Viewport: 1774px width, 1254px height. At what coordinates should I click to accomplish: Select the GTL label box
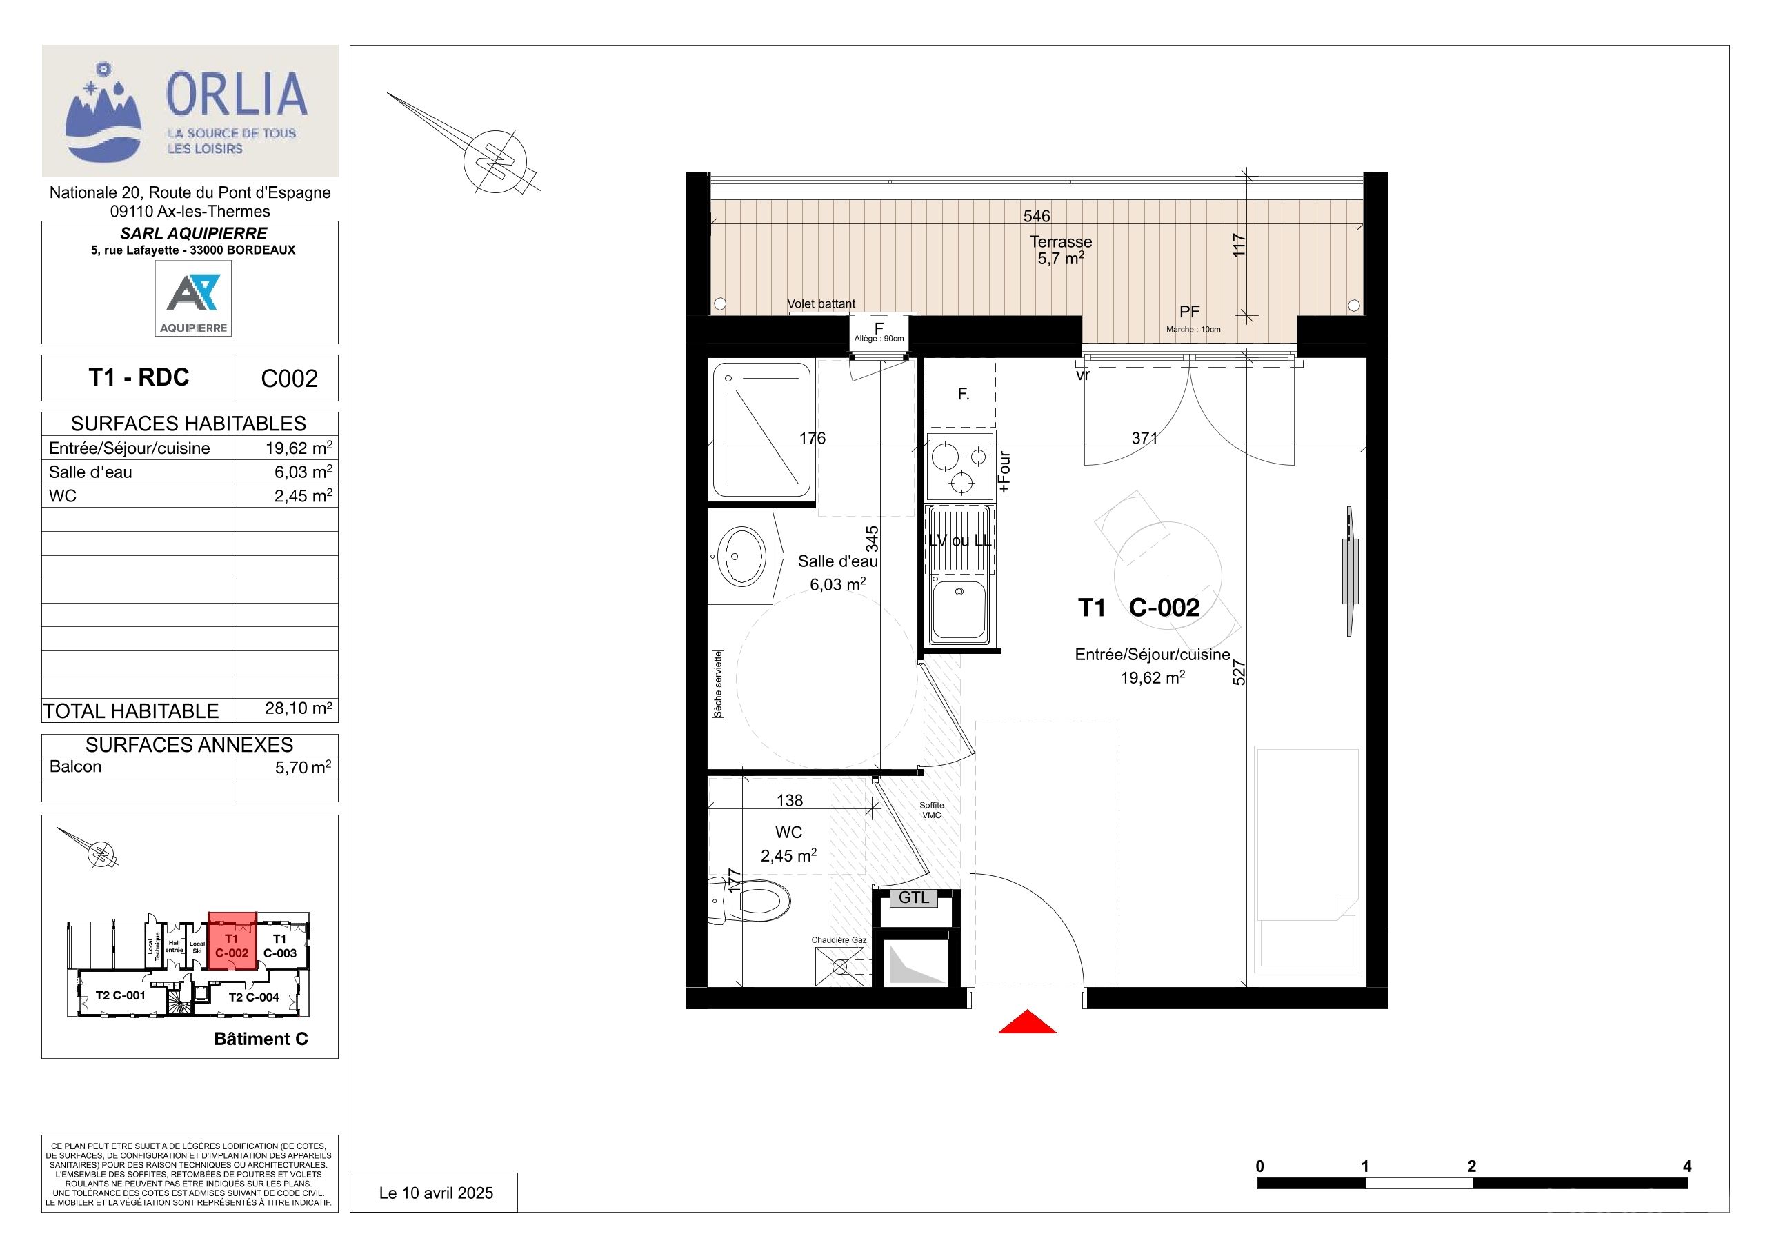(x=914, y=898)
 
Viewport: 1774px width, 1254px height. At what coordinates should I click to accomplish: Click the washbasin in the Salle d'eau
(x=741, y=555)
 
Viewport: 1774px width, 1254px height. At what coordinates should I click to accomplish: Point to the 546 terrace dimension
(x=1036, y=217)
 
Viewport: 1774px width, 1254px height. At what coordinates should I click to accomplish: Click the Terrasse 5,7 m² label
(x=1061, y=250)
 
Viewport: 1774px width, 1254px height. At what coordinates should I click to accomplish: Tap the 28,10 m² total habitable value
(x=298, y=708)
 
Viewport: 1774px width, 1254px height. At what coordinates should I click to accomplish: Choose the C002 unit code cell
(x=288, y=378)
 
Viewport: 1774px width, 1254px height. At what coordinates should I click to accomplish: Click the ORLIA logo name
(x=237, y=94)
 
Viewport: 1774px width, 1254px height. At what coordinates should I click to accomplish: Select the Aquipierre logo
(x=193, y=298)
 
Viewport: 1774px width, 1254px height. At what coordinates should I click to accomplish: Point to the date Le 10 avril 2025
(x=436, y=1193)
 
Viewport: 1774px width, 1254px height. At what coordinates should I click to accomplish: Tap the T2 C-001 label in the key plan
(x=121, y=995)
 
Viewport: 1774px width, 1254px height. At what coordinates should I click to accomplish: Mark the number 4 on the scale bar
(x=1686, y=1166)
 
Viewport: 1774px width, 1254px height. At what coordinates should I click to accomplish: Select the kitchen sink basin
(x=959, y=610)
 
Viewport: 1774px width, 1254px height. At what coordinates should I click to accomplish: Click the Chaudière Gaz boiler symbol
(x=840, y=966)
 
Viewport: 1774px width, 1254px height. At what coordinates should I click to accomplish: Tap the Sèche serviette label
(x=718, y=684)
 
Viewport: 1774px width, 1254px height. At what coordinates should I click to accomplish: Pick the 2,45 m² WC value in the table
(x=303, y=496)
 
